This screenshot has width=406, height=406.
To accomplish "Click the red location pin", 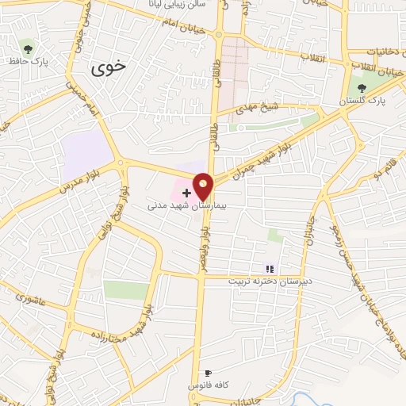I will point(204,187).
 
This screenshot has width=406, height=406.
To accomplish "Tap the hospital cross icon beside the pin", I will point(187,192).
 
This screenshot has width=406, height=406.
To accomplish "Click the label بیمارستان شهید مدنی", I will point(187,205).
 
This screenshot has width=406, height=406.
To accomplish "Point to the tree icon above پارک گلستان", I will point(362,89).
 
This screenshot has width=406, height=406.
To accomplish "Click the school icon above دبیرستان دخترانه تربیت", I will point(268,270).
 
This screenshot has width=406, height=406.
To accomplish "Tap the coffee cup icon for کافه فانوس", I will point(208,373).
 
